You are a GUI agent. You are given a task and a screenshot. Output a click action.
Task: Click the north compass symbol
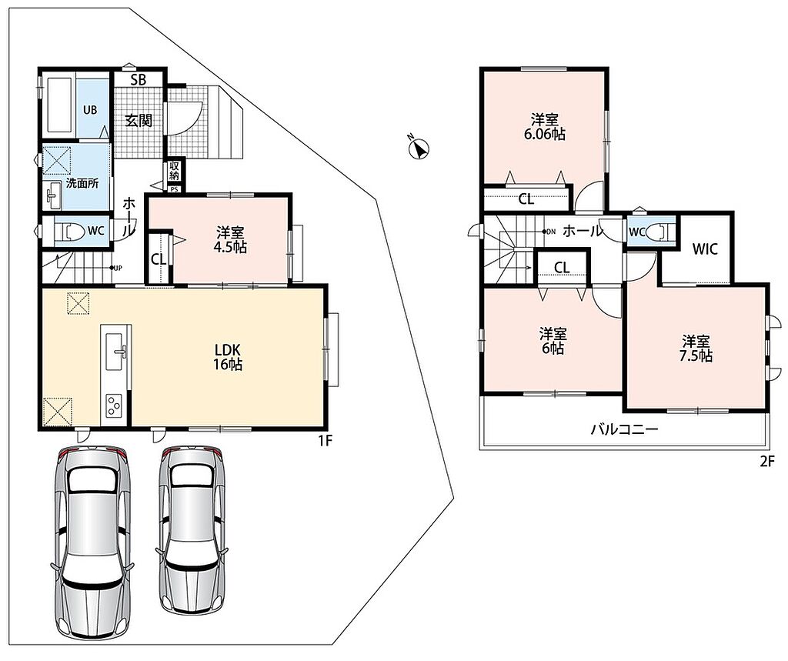pos(419,147)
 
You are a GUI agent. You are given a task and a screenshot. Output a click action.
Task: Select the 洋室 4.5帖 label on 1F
pos(231,240)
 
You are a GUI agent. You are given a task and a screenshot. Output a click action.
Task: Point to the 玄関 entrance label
pos(139,121)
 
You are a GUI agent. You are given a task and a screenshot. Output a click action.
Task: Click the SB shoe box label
pos(139,79)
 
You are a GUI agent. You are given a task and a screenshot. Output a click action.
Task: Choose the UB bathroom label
pos(91,110)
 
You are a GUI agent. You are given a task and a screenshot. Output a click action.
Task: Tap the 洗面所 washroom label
pos(82,183)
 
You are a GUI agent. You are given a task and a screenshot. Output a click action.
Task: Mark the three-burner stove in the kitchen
pos(115,406)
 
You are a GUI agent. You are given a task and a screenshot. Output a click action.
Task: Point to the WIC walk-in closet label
pos(705,249)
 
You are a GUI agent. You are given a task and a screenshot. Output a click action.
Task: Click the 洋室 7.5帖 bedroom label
pos(696,349)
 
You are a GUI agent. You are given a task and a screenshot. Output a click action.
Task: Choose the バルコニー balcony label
pos(624,430)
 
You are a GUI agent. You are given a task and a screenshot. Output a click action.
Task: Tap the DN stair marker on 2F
pos(549,232)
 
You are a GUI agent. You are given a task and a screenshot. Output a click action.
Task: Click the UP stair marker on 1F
pos(116,268)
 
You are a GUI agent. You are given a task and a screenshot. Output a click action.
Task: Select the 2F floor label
pos(767,461)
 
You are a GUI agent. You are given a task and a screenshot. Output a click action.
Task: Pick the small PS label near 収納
pos(175,189)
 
